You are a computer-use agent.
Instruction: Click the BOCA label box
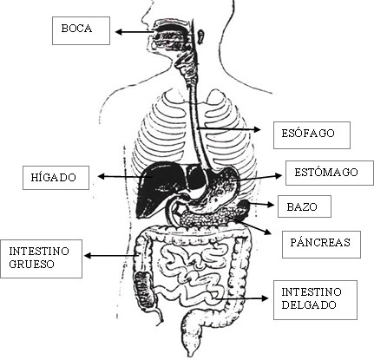coord(81,30)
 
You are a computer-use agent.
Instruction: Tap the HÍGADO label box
coord(56,178)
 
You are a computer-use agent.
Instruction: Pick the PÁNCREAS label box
coord(321,244)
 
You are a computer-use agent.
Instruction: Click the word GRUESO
coord(31,265)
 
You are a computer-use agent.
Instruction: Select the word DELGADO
coord(309,304)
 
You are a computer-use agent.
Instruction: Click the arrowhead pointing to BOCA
coord(118,32)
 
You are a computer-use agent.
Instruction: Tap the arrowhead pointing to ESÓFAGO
coord(258,129)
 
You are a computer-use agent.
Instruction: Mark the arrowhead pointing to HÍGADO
coord(101,176)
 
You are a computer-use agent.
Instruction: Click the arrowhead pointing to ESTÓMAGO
coord(279,175)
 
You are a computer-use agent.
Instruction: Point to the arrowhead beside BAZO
coord(271,205)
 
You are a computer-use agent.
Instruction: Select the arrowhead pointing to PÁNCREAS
coord(268,232)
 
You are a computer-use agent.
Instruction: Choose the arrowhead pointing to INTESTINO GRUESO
coord(88,256)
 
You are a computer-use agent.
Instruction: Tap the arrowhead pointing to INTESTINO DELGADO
coord(265,298)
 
